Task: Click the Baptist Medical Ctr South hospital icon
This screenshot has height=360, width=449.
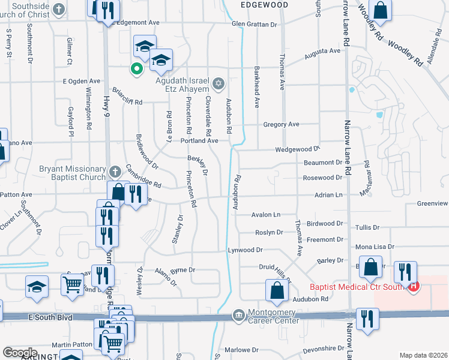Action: pos(413,286)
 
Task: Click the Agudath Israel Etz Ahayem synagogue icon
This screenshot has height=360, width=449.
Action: pos(218,82)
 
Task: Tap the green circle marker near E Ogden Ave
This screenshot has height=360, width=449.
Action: pos(137,69)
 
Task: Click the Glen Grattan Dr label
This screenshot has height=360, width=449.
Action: pos(255,25)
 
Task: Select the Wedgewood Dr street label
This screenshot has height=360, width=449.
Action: pos(297,149)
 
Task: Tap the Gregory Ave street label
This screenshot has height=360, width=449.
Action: pos(281,124)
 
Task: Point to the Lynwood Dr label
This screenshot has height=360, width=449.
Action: pos(245,250)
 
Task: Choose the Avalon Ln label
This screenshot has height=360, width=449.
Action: pos(265,214)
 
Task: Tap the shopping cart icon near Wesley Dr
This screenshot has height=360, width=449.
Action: pos(73,284)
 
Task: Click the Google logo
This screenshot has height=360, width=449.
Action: pos(20,353)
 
